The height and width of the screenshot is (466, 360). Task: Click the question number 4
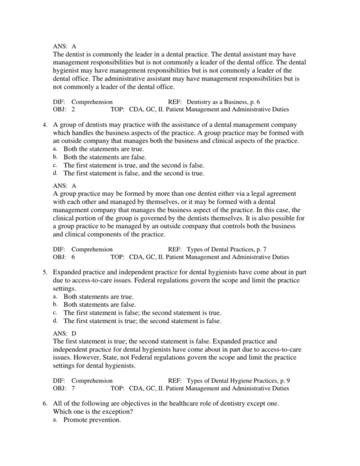(45, 125)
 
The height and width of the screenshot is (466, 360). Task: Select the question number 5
(45, 272)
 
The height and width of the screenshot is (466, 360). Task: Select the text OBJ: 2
(64, 110)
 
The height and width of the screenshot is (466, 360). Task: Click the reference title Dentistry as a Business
(220, 102)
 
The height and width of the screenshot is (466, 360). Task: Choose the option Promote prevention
(92, 420)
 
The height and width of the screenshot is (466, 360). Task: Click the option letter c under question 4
(55, 165)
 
